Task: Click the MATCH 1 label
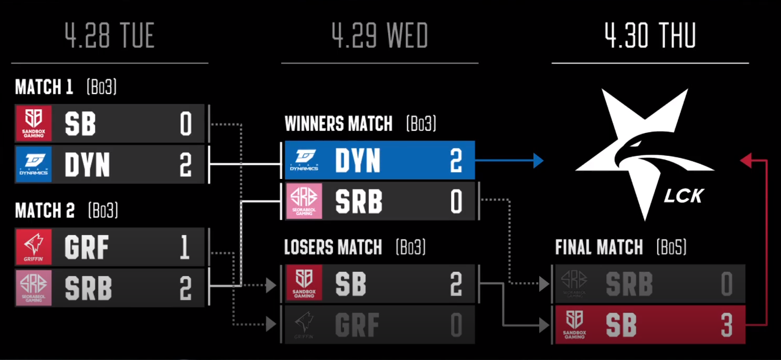point(44,87)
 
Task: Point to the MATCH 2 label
point(45,211)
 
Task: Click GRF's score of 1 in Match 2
point(185,247)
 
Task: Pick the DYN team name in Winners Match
point(358,161)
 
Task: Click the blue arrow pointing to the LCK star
point(537,161)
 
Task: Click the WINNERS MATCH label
point(338,124)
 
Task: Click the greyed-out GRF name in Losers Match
point(357,325)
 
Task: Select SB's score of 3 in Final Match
point(726,325)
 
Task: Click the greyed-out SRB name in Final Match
point(629,284)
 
